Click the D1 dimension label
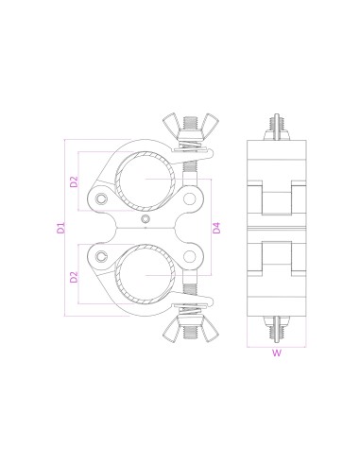pyautogui.click(x=60, y=226)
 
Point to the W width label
pyautogui.click(x=277, y=354)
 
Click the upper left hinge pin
pyautogui.click(x=102, y=197)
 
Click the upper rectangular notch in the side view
pyautogui.click(x=277, y=200)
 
